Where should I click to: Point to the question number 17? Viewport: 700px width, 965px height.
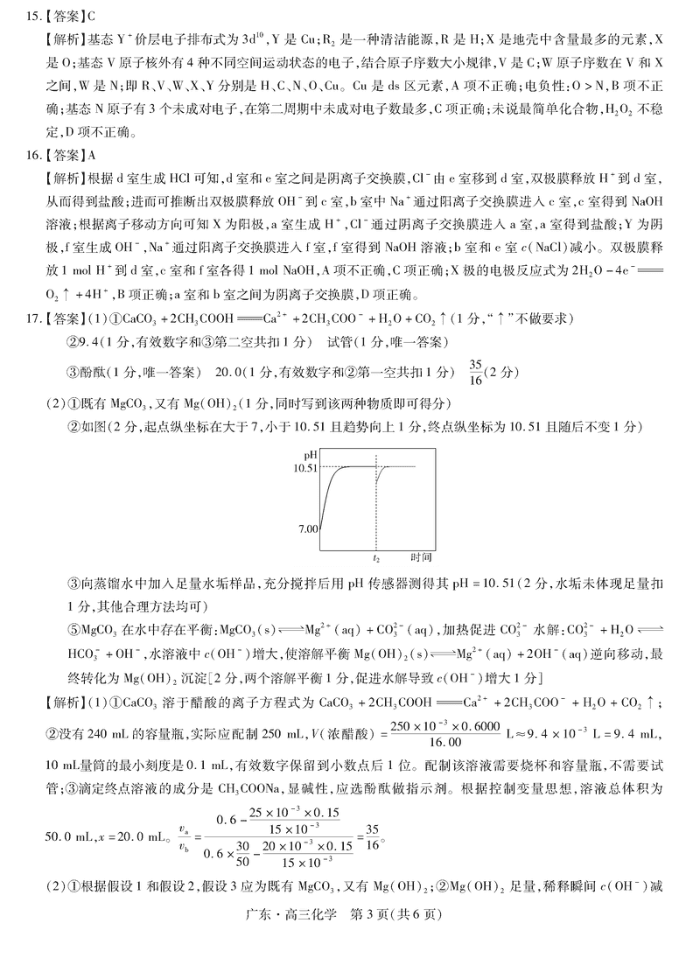31,317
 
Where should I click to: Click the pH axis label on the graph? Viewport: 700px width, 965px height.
310,455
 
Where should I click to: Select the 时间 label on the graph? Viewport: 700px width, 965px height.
421,556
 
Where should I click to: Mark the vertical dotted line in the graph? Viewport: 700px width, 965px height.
375,507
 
